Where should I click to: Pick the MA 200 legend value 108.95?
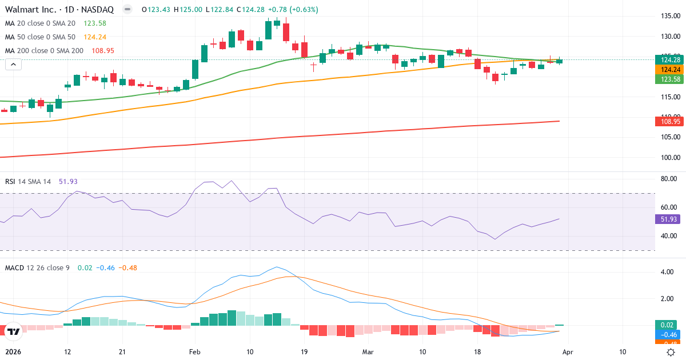point(103,50)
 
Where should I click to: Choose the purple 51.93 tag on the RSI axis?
point(667,219)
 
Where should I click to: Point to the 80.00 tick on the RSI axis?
point(669,179)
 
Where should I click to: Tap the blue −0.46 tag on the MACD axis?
point(667,334)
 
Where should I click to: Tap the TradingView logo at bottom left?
point(13,331)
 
